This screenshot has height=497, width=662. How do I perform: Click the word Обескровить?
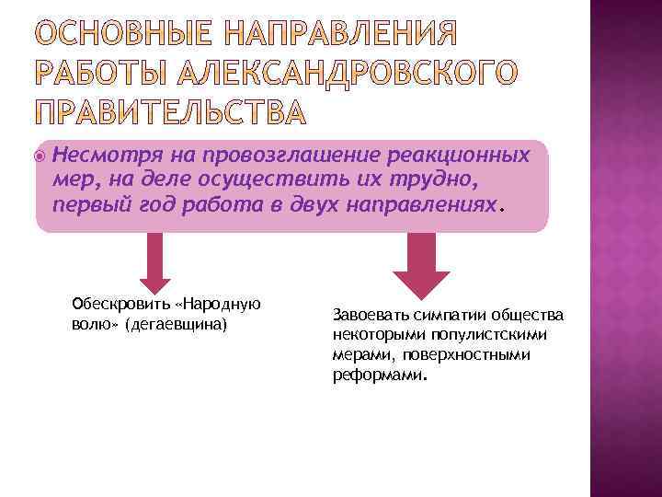click(117, 306)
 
